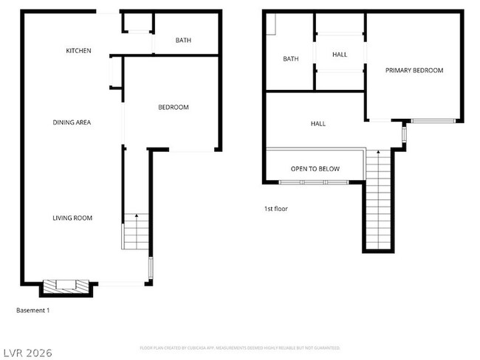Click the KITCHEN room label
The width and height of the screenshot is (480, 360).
pos(78,51)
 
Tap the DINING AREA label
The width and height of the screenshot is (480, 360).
pos(72,122)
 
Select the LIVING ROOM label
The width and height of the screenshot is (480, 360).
pos(72,218)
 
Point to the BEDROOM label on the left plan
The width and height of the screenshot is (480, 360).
pos(174,108)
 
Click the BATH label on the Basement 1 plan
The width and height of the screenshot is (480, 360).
pos(184,41)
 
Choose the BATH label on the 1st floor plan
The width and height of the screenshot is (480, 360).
pos(291,59)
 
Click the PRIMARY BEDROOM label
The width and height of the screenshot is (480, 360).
pos(414,71)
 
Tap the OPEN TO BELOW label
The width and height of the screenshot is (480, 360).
pos(315,169)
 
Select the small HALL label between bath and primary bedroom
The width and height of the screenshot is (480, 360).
pos(340,55)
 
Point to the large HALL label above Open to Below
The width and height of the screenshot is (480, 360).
pos(318,124)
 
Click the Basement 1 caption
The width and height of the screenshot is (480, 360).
pos(33,311)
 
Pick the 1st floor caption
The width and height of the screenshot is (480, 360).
pos(276,209)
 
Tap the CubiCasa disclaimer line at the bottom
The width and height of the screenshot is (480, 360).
pos(240,347)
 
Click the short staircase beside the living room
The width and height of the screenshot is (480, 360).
pos(135,231)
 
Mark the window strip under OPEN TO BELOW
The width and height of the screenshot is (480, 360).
pos(315,181)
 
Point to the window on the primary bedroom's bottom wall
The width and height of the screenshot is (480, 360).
pos(433,120)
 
